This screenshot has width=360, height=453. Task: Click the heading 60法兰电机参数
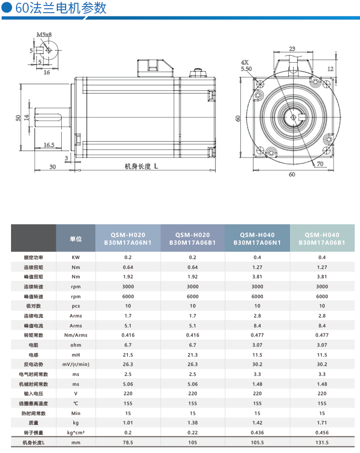tap(61, 8)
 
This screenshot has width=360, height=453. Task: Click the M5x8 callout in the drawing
tap(44, 35)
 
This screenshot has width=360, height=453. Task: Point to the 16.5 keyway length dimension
tap(49, 145)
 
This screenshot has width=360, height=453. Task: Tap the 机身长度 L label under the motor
tap(141, 166)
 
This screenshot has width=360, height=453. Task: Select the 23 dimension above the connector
tap(292, 48)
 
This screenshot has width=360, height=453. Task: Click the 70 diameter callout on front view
tap(320, 164)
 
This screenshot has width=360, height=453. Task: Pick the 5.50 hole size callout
tap(246, 69)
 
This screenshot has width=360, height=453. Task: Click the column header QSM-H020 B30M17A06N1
tap(128, 239)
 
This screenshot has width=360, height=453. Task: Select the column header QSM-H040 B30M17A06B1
tap(322, 239)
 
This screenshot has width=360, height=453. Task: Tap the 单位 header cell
tap(76, 239)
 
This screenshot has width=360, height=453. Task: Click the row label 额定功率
tap(34, 257)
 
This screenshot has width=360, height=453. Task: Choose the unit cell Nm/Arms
tap(76, 335)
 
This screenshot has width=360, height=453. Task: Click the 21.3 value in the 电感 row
tap(192, 355)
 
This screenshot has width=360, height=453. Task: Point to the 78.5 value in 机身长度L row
tap(128, 443)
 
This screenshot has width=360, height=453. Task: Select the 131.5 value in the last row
tap(322, 443)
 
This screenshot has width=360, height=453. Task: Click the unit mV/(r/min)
tap(76, 364)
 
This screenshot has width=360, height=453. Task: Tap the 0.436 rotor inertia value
tap(257, 433)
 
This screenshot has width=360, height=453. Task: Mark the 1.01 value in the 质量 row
tap(128, 423)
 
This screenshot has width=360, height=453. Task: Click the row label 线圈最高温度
tap(34, 403)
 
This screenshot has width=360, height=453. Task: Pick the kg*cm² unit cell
tap(76, 433)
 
